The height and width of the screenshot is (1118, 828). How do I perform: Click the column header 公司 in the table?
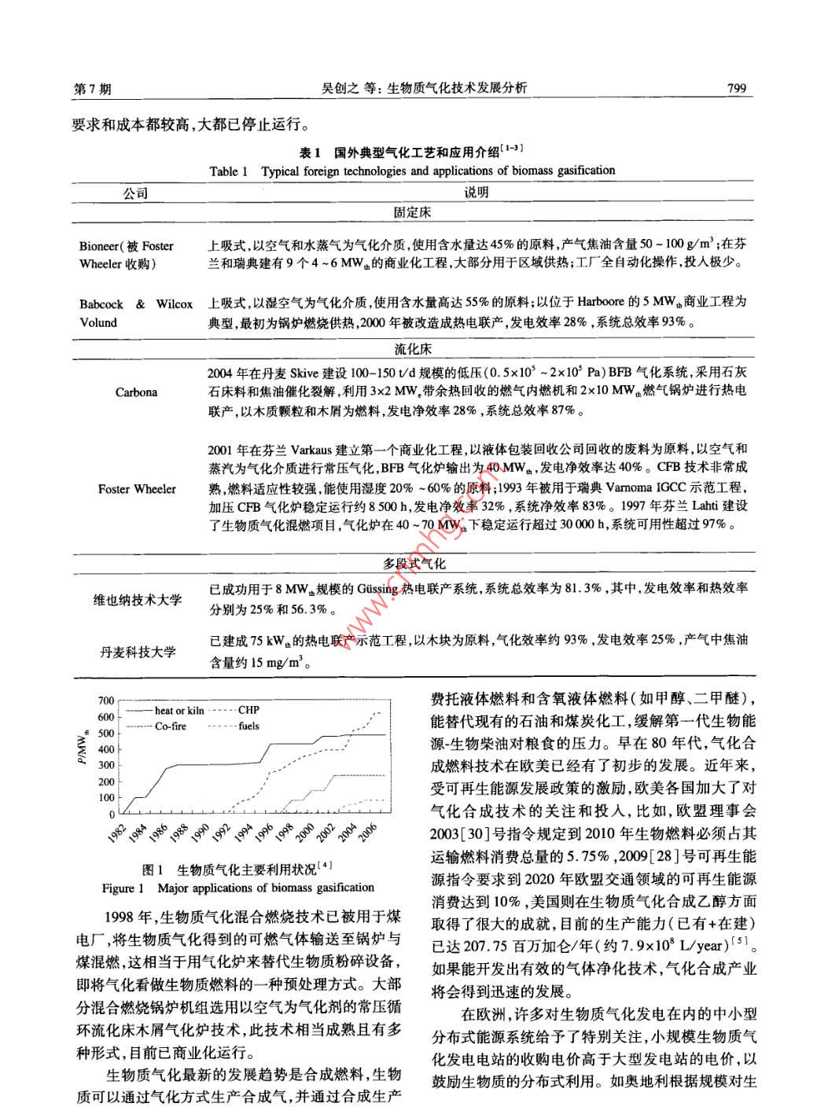pyautogui.click(x=135, y=193)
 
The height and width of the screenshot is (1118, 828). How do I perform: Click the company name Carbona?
pyautogui.click(x=136, y=392)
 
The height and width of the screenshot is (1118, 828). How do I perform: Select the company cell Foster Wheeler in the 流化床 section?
pyautogui.click(x=137, y=489)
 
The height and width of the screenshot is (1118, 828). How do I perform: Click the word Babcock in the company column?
pyautogui.click(x=101, y=303)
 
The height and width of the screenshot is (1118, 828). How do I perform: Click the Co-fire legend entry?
pyautogui.click(x=170, y=726)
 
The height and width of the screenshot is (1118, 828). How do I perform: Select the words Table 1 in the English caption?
pyautogui.click(x=229, y=171)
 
